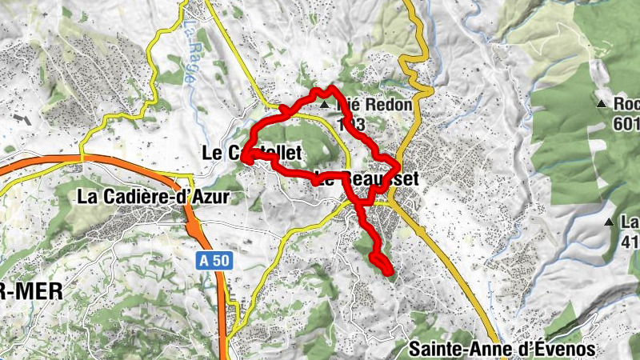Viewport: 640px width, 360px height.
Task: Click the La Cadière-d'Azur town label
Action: pyautogui.click(x=154, y=196)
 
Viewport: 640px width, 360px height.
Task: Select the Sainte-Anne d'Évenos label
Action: pyautogui.click(x=502, y=349)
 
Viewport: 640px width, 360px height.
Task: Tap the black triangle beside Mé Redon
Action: pyautogui.click(x=324, y=105)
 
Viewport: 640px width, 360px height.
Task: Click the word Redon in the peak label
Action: pyautogui.click(x=369, y=105)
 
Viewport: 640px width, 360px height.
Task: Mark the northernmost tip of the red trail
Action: pyautogui.click(x=330, y=86)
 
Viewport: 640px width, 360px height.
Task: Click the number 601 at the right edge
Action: pyautogui.click(x=626, y=123)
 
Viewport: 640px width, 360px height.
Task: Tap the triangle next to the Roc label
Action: pyautogui.click(x=601, y=104)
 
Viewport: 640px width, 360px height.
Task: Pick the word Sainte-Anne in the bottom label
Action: pyautogui.click(x=450, y=349)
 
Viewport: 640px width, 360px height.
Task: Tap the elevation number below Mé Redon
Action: pyautogui.click(x=352, y=124)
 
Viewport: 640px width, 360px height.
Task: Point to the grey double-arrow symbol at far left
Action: pyautogui.click(x=22, y=120)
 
